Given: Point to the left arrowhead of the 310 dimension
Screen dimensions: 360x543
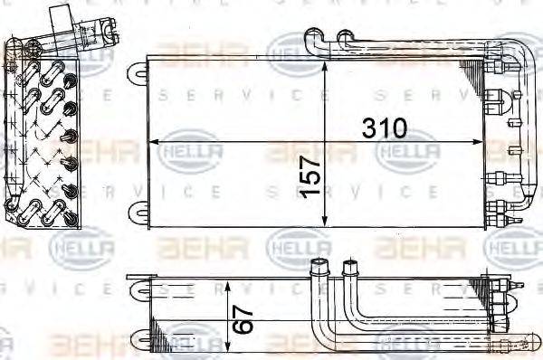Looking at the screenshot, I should tap(152, 143).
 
